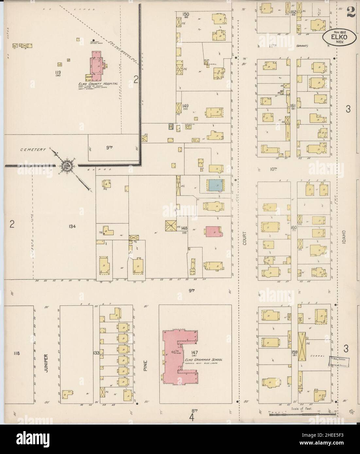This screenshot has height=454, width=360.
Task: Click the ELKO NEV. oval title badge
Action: (x=336, y=37)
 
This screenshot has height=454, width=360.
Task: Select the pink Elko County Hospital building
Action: (x=96, y=66)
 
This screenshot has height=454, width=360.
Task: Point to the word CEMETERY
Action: (x=32, y=149)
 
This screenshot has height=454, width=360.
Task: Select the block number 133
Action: (x=96, y=353)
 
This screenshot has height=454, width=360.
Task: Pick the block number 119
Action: (x=59, y=72)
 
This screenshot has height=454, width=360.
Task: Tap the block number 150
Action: (x=186, y=14)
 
